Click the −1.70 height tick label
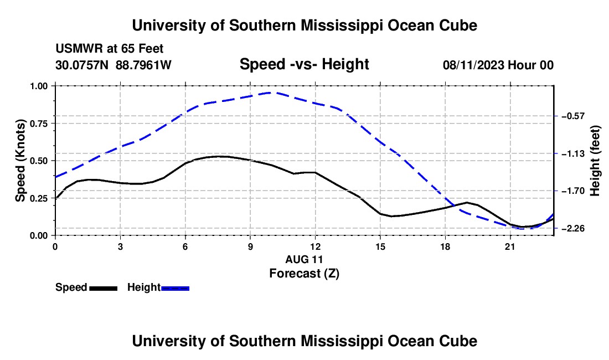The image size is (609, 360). (x=573, y=191)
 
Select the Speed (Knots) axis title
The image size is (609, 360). (x=20, y=161)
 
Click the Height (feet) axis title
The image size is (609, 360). (x=595, y=161)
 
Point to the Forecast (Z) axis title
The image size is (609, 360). (x=304, y=274)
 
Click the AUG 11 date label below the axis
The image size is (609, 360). (x=304, y=259)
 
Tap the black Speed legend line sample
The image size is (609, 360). (x=104, y=288)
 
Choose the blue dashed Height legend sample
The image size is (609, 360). (x=175, y=288)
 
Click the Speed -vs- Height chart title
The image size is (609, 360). (x=304, y=64)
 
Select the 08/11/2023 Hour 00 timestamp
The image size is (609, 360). (x=498, y=65)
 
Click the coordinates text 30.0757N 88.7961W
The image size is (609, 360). (x=113, y=65)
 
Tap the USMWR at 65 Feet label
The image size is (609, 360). (x=110, y=49)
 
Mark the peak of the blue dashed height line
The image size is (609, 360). (x=271, y=92)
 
